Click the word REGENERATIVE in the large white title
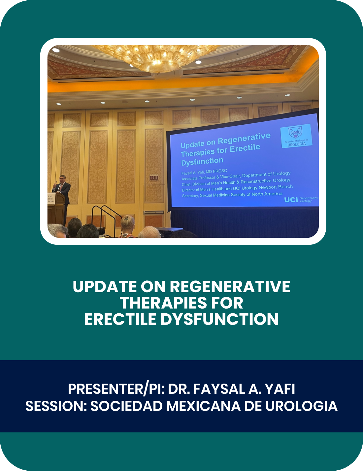coord(230,286)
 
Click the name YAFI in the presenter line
coord(280,389)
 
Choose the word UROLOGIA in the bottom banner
coord(301,406)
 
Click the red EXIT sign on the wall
coord(154,178)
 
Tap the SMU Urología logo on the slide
coord(296,136)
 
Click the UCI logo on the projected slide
coord(291,200)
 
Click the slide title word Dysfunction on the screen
coord(202,161)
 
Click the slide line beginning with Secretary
coord(232,195)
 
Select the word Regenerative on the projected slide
coord(244,139)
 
